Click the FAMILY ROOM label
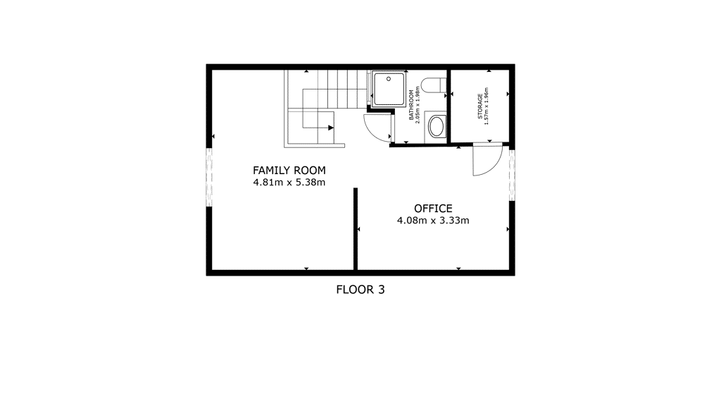tap(289, 171)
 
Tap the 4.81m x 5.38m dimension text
tap(289, 183)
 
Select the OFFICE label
tap(433, 209)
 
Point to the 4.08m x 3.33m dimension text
tap(433, 221)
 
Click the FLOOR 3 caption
tap(360, 290)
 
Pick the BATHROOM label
tap(411, 106)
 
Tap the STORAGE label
tap(480, 106)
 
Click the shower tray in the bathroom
tap(389, 88)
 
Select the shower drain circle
tap(389, 79)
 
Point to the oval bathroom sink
tap(437, 126)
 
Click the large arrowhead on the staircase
tap(331, 128)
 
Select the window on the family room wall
tap(209, 177)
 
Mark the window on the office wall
tap(512, 175)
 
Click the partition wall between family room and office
tap(356, 229)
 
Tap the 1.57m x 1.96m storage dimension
tap(486, 106)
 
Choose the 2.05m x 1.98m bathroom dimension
tap(418, 104)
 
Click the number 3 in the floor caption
tap(381, 290)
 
